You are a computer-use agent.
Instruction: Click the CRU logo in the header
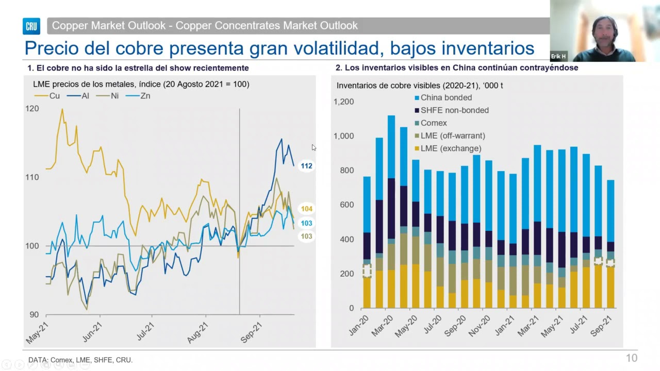31,26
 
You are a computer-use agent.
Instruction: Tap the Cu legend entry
47,96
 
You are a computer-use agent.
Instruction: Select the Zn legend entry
138,96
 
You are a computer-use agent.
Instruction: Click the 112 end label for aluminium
306,166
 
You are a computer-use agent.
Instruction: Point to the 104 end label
306,209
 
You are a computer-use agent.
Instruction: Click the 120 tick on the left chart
32,109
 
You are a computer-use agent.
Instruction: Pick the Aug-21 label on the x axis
197,333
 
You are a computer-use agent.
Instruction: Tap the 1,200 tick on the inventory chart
343,102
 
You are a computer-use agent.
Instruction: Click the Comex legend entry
431,123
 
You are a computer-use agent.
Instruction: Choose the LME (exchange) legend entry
448,148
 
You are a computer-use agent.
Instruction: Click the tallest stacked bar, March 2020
391,212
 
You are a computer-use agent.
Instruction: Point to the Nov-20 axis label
479,326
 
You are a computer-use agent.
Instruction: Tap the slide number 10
632,358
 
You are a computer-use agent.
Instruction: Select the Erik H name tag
558,56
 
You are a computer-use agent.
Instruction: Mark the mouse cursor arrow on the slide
314,147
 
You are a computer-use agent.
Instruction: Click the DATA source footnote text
80,360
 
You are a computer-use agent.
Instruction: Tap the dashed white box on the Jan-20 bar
367,271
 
